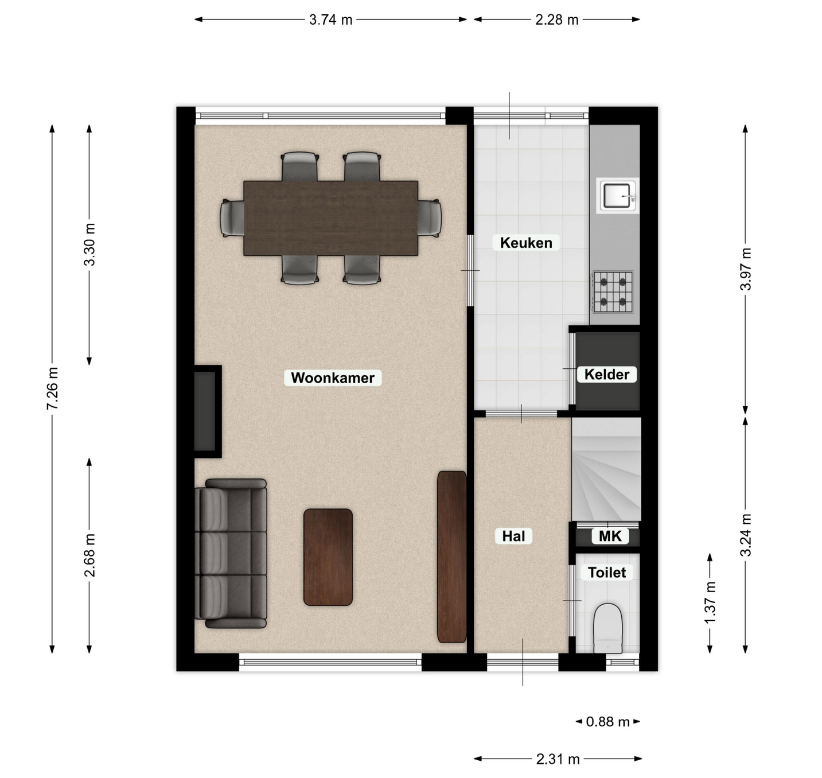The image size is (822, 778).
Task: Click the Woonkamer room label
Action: (332, 378)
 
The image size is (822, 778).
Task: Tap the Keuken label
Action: (526, 243)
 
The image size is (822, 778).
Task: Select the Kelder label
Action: (607, 374)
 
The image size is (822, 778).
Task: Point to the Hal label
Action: (513, 536)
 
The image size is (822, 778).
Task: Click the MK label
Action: (610, 536)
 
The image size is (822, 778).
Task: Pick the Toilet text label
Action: (607, 572)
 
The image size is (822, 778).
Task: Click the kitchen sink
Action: (618, 196)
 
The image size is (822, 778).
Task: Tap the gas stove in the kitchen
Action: (613, 291)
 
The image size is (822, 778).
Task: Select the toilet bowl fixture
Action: (609, 628)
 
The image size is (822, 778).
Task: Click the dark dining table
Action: (331, 218)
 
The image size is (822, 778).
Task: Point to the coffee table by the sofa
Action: (328, 557)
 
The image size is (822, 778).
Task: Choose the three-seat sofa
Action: (231, 554)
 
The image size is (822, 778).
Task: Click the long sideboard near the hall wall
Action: (451, 557)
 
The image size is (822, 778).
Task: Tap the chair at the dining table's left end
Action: (232, 219)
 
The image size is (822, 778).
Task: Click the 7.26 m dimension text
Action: (52, 388)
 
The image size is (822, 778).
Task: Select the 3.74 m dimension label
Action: (331, 20)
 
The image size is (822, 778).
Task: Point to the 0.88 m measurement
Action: (607, 722)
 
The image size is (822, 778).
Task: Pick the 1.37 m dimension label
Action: (710, 603)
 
